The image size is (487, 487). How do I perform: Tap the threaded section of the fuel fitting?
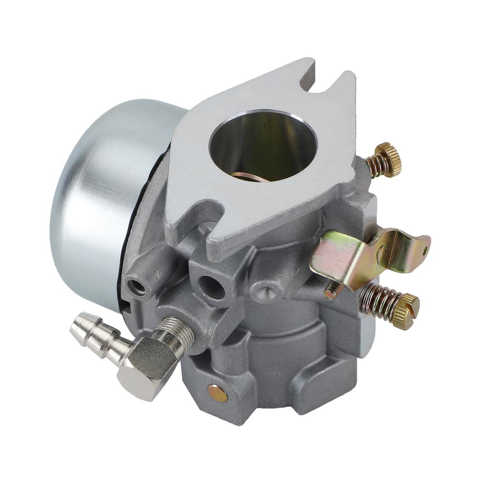(179, 330)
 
